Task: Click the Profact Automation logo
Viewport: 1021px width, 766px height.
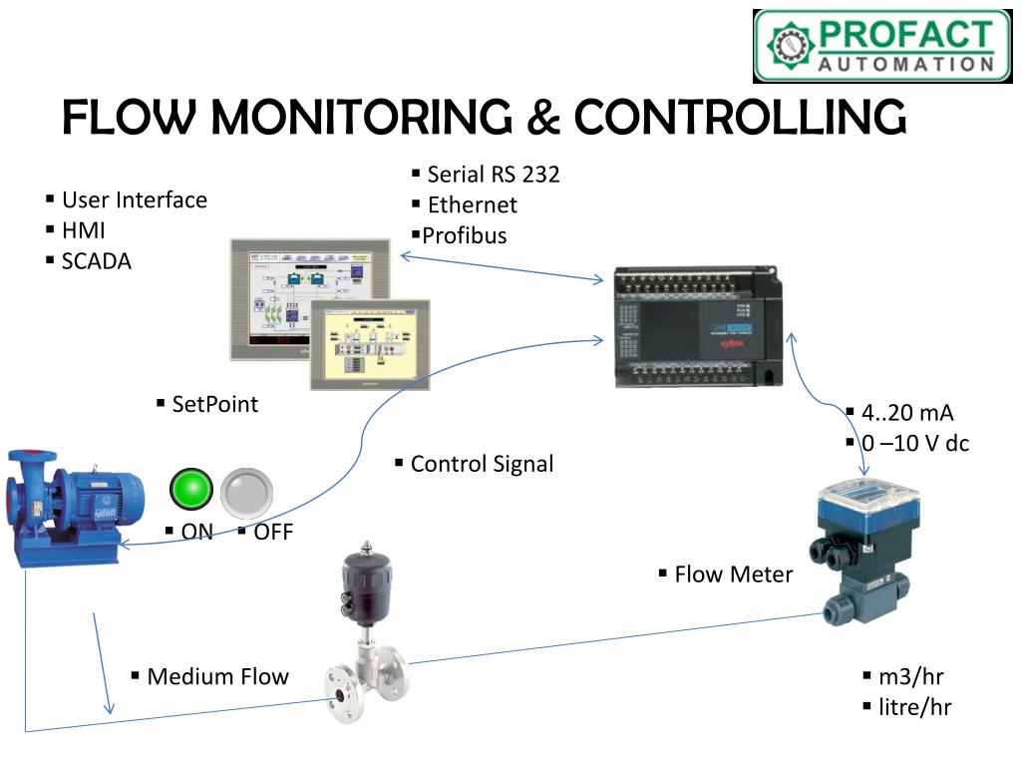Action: pos(882,45)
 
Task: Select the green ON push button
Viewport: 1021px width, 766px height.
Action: pos(191,489)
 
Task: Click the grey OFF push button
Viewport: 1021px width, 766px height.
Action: pos(245,490)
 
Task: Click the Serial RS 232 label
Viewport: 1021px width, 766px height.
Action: pos(493,175)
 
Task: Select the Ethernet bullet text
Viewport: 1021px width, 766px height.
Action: pos(472,205)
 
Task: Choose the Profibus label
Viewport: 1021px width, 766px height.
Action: pos(464,236)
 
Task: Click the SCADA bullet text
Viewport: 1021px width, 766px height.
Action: pos(96,261)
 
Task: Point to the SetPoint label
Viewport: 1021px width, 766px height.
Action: pos(214,404)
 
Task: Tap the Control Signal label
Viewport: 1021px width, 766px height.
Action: pos(482,464)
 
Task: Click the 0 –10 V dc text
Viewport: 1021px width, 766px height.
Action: pos(915,443)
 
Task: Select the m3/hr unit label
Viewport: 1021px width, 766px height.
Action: pos(910,677)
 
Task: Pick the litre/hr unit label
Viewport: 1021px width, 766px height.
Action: pos(914,707)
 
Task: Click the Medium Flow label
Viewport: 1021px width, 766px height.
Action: pos(217,677)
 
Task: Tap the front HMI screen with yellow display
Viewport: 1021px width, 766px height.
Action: pos(370,343)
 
